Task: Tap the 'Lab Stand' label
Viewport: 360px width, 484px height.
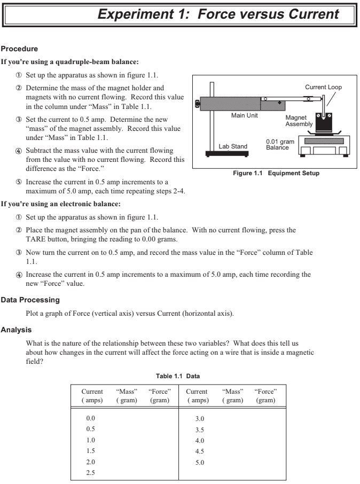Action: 231,146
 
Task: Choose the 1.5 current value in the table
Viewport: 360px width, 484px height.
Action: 91,450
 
